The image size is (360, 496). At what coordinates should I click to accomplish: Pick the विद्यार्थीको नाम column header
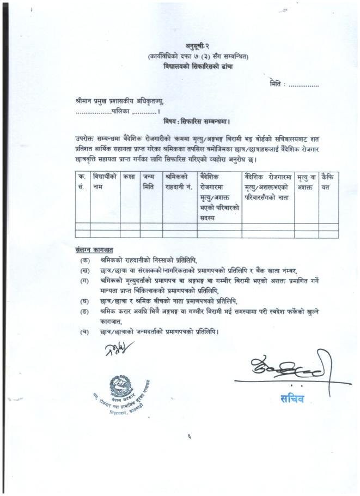click(105, 182)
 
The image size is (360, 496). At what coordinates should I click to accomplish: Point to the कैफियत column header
click(328, 182)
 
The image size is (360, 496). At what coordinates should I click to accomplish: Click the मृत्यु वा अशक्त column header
click(307, 182)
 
